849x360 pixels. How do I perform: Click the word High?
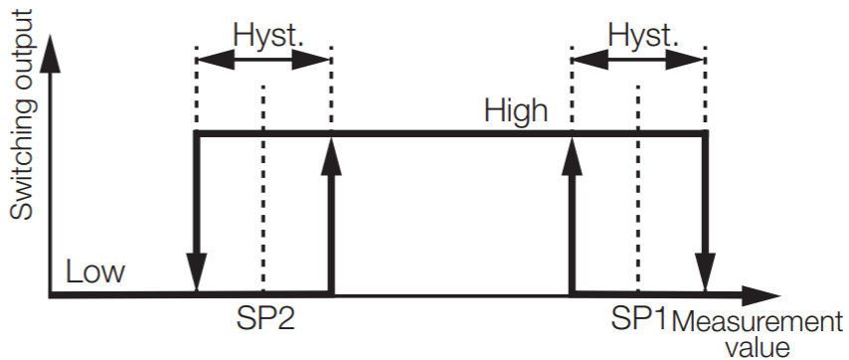516,110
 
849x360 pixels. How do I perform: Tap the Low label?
95,271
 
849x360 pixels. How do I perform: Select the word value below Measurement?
757,347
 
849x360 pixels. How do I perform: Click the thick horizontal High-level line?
447,132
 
